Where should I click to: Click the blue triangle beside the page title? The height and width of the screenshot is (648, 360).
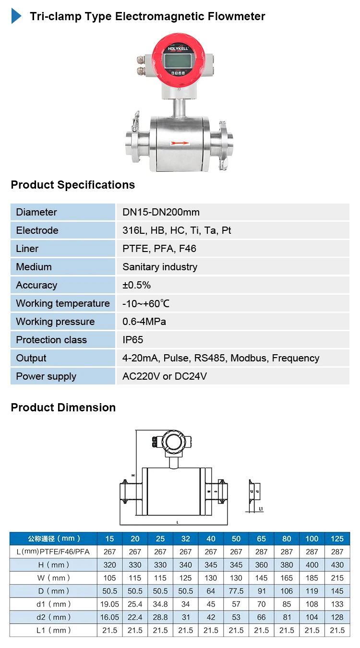point(16,16)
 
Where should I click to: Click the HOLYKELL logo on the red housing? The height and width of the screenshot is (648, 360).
point(177,49)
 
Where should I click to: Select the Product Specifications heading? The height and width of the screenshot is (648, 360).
point(73,185)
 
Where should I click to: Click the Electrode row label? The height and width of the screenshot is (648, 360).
point(37,230)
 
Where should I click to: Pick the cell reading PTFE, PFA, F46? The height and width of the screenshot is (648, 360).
point(159,249)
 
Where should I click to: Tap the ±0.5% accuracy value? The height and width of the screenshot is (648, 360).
point(137,285)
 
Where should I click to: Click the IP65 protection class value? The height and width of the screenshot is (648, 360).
point(133,340)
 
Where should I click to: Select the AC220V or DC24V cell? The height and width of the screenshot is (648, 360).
point(165,376)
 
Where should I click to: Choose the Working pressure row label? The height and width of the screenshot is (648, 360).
point(55,322)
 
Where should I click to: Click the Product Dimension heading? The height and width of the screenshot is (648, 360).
point(63,408)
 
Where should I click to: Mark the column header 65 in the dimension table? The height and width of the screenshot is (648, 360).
point(262,539)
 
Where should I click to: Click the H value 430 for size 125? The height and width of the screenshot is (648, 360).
point(337,565)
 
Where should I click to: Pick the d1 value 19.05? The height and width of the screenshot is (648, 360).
point(110,604)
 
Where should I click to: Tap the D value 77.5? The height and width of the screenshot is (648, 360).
point(236,591)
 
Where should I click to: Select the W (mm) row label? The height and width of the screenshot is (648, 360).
point(54,578)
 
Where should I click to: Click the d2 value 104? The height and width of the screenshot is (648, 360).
point(312,617)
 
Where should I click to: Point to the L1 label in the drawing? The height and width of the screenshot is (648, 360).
point(261,508)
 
